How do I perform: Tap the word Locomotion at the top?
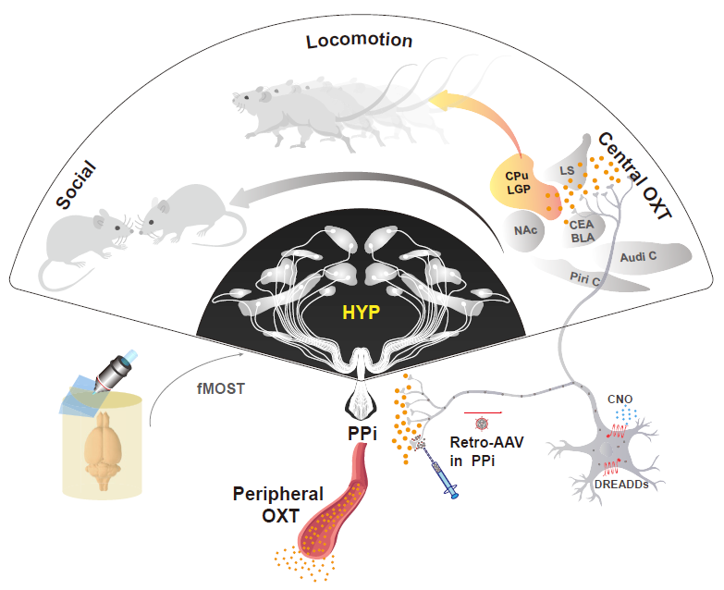click(x=360, y=41)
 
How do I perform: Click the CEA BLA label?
click(x=581, y=230)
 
